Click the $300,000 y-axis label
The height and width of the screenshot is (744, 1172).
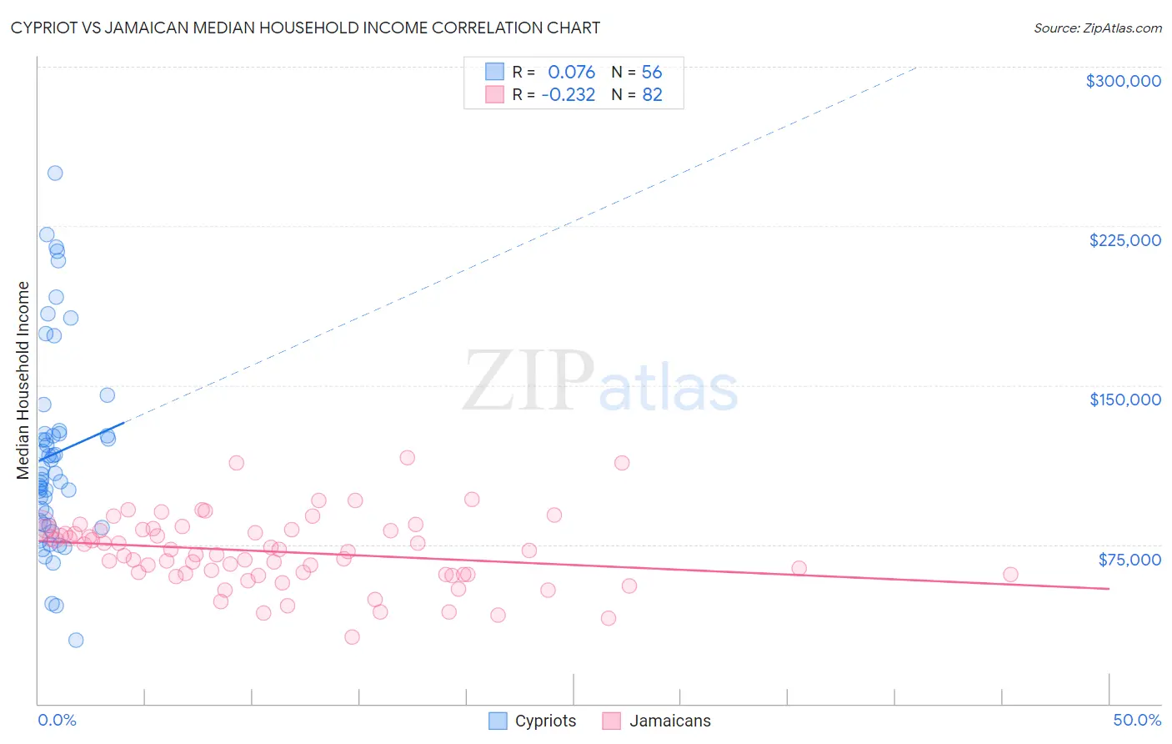1123,81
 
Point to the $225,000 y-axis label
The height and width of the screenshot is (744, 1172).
1124,240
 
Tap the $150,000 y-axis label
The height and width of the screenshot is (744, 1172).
1124,400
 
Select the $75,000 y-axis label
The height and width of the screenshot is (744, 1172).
1129,560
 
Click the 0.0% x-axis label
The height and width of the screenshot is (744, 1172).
57,720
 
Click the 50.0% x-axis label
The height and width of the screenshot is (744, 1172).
1136,720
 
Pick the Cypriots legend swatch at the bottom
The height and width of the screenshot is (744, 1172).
498,721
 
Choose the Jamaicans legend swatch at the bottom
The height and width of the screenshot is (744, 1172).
612,721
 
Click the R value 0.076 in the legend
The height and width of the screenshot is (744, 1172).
571,73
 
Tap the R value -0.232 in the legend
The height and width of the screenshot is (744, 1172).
568,95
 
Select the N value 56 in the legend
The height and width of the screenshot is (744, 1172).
652,73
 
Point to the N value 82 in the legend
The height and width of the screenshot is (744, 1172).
652,95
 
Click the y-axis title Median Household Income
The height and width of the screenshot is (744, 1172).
23,380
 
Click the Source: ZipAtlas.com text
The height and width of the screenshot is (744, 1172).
1097,28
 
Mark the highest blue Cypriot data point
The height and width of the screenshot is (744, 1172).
55,173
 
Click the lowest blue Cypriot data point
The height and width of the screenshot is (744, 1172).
76,641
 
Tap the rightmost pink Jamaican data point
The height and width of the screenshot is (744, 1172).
1010,574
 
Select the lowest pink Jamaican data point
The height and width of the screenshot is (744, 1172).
352,637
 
